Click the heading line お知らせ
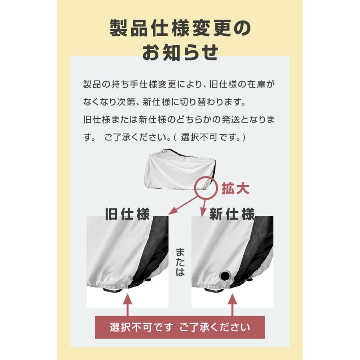coord(180,52)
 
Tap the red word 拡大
coord(236,188)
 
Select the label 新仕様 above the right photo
coord(232,214)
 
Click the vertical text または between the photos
coord(180,262)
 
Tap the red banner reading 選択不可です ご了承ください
coord(180,327)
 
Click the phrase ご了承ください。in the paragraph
coord(136,137)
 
